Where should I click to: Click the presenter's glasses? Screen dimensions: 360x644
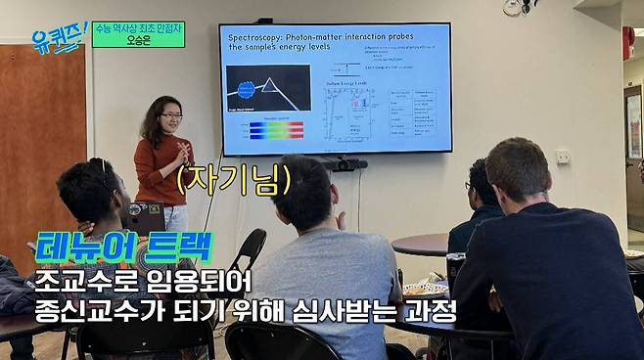point(170,117)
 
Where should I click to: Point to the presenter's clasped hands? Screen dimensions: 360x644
point(182,153)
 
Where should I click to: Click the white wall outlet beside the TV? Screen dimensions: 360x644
point(563,156)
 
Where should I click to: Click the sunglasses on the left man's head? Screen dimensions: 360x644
point(103,172)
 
